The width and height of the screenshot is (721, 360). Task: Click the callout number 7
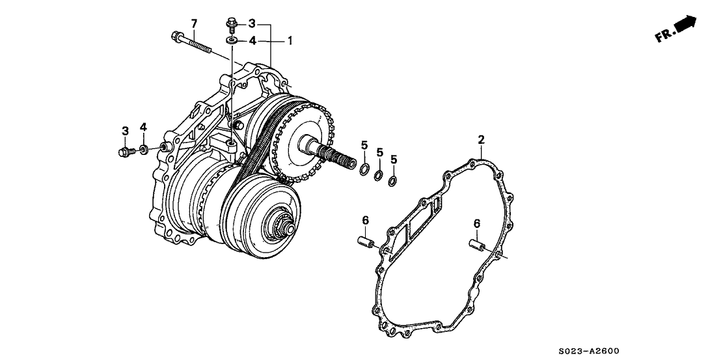[193, 24]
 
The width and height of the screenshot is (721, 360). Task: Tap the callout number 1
[290, 40]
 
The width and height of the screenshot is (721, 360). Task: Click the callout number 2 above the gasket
[481, 139]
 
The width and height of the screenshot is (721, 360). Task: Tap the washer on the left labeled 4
[144, 151]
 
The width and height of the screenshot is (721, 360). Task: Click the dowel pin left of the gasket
[364, 243]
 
